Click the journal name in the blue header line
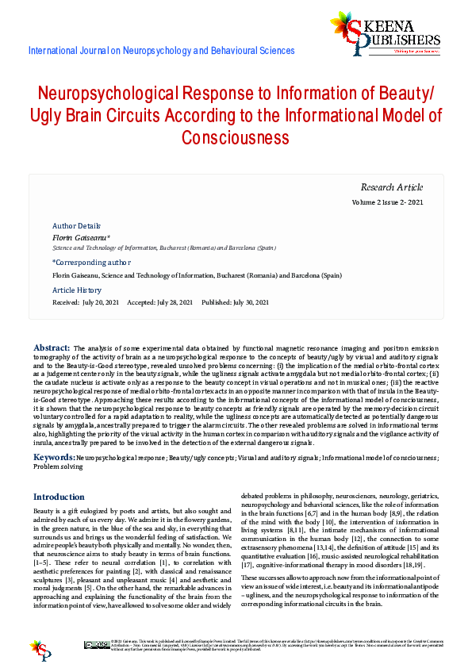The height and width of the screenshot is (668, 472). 161,51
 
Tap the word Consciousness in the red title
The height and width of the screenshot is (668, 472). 235,138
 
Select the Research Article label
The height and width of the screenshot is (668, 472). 392,187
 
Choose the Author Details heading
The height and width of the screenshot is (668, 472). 76,226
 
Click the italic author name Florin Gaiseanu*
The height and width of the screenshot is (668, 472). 81,237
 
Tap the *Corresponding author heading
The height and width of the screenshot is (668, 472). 91,262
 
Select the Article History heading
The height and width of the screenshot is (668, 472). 77,290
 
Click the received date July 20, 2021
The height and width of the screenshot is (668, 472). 101,302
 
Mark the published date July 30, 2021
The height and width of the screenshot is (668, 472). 248,302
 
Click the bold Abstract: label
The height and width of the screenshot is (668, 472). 52,348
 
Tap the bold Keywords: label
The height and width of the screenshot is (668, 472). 54,458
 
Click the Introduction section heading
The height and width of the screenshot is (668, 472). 59,497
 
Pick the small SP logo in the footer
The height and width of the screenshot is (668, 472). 40,648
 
